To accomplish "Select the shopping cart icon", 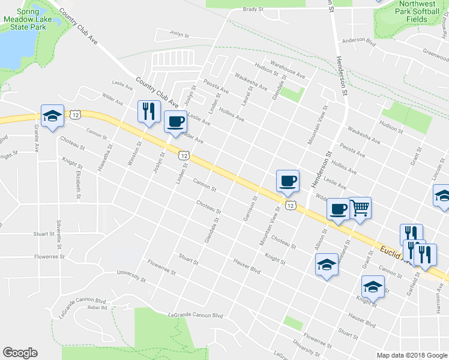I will click(360, 208).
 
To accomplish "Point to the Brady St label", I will click(253, 10).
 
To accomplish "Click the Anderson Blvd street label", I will click(358, 40).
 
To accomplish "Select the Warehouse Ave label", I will click(288, 70).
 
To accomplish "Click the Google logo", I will click(20, 353).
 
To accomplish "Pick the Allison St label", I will click(319, 239).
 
